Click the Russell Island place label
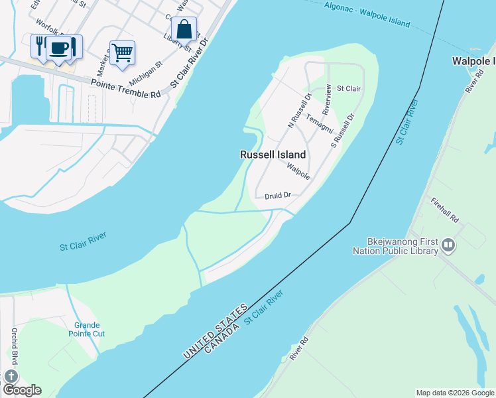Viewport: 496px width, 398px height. pos(273,155)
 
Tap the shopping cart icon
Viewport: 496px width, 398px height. pos(123,52)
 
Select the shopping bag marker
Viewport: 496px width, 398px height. pos(184,29)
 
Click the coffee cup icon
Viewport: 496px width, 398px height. pos(59,48)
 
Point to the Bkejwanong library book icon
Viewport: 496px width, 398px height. pos(448,246)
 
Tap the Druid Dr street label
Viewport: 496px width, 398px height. pos(278,196)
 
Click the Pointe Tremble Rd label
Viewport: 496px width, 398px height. pos(127,88)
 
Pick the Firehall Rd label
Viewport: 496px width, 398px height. pos(444,210)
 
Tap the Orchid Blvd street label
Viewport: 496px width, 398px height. pos(14,346)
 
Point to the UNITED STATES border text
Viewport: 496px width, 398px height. pos(215,332)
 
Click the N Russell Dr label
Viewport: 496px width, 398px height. pos(299,109)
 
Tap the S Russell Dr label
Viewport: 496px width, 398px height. pos(343,129)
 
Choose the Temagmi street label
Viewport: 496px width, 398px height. pos(319,122)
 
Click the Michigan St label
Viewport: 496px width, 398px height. pos(145,74)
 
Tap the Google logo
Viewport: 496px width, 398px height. pos(21,389)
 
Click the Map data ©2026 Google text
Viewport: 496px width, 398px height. pos(454,393)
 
